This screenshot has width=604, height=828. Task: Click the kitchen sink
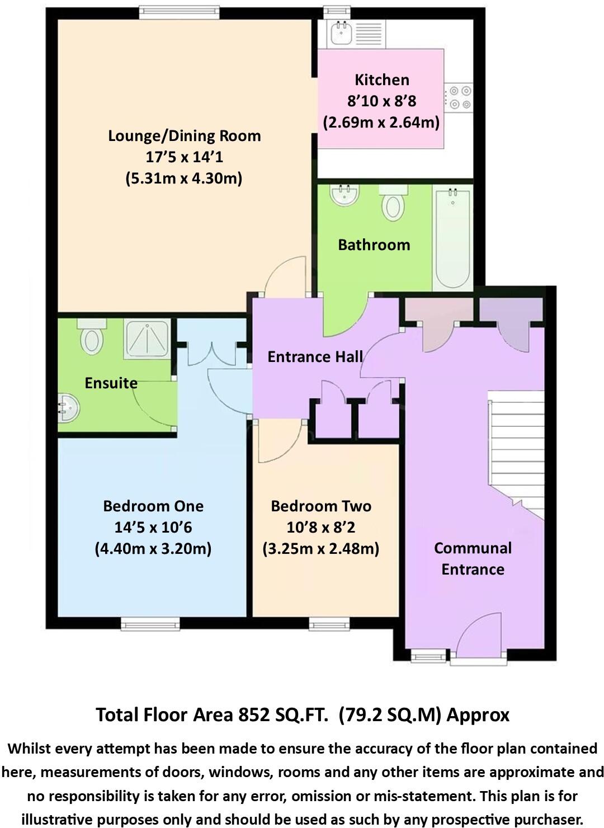(342, 33)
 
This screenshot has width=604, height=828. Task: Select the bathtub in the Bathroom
(452, 238)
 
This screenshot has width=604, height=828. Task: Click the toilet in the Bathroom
(394, 204)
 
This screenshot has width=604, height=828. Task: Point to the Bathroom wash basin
(345, 196)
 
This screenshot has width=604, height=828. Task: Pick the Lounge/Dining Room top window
(178, 12)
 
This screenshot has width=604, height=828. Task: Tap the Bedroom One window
(150, 623)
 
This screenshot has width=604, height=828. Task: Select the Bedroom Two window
(329, 623)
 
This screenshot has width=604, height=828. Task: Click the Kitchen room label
(381, 80)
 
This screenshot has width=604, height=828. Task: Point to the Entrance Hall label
(315, 357)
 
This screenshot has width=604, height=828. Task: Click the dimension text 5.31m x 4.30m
(183, 178)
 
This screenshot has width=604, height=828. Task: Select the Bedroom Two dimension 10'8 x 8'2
(320, 528)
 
